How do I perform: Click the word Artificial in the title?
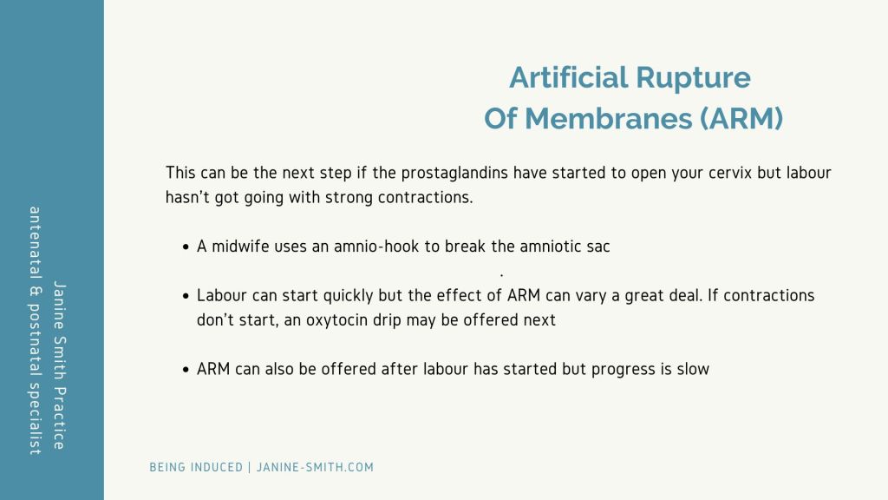[x=568, y=77]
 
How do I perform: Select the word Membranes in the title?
[x=608, y=118]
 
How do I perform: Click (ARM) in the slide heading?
[x=742, y=119]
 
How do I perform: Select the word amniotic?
[x=549, y=247]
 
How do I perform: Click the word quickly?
[x=349, y=296]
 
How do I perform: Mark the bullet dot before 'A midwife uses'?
[x=186, y=247]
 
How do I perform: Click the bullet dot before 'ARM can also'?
[x=186, y=370]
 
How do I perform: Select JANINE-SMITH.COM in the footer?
[x=315, y=468]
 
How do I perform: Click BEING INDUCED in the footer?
[x=196, y=468]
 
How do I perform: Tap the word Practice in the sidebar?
[x=60, y=418]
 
